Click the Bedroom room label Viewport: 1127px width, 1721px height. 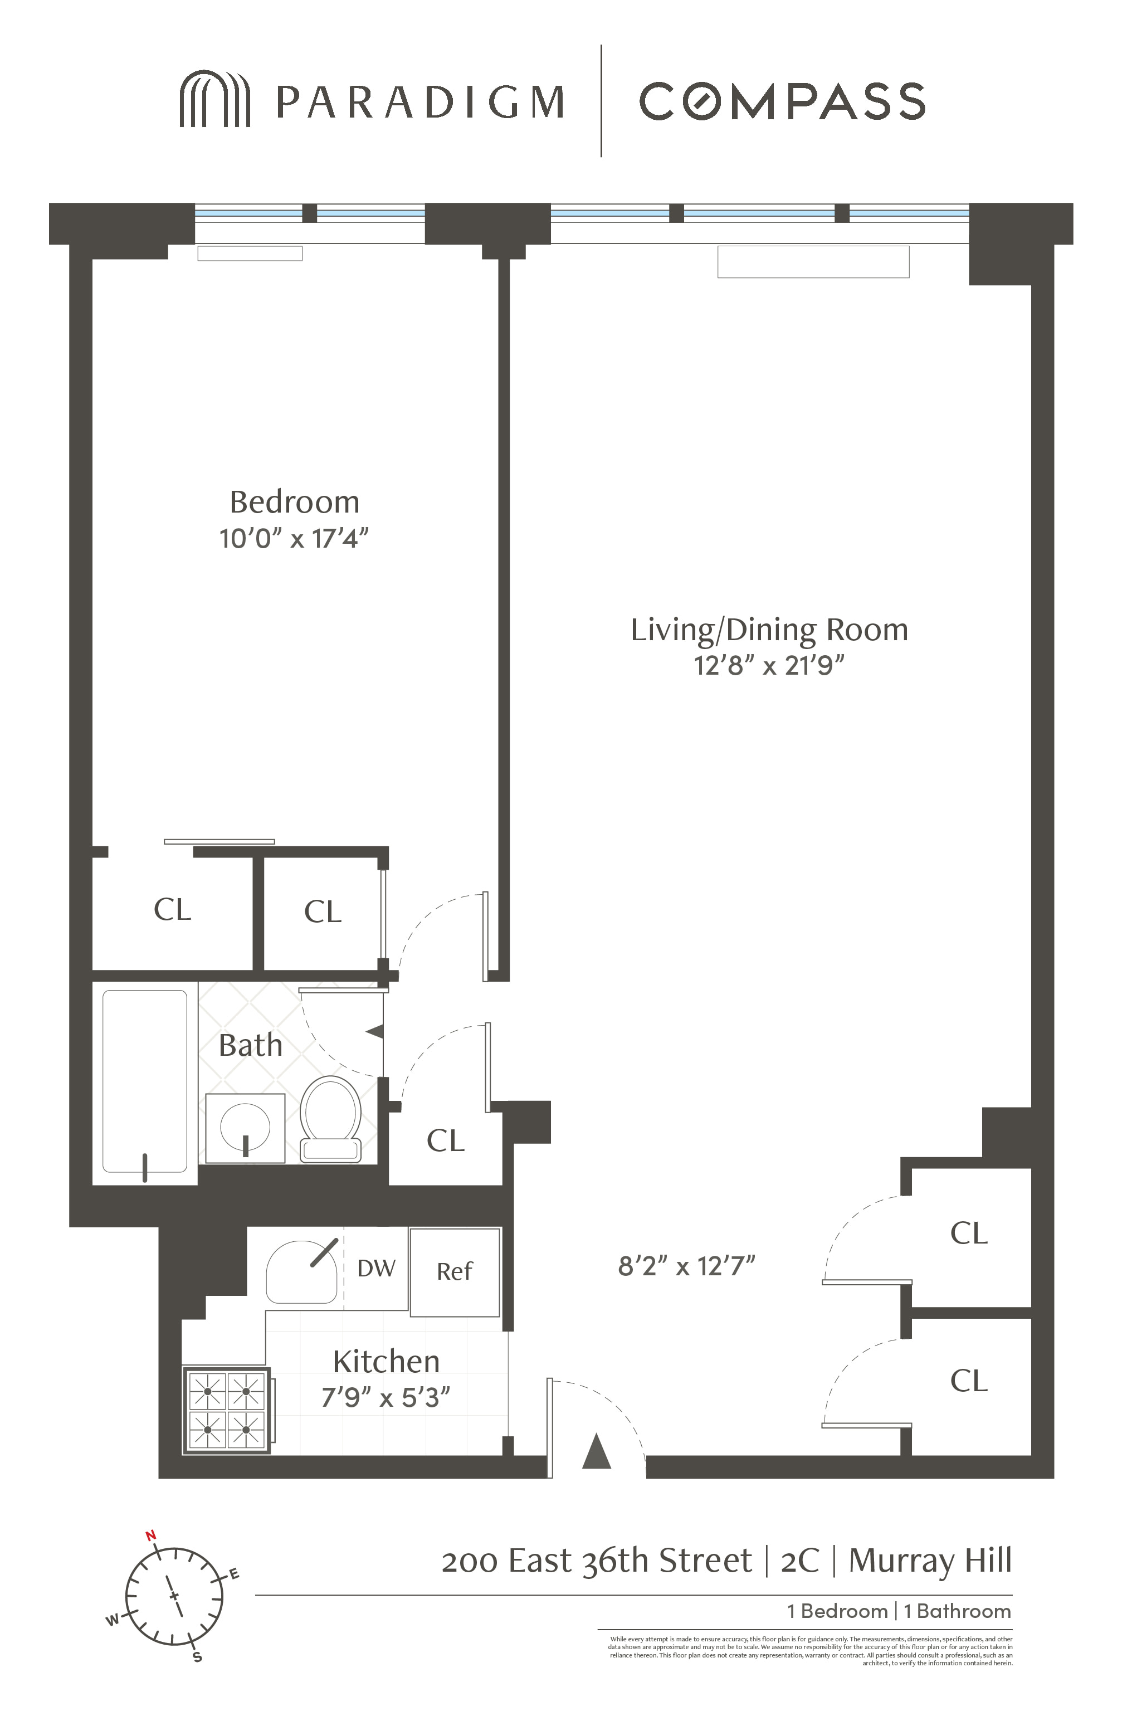tap(294, 502)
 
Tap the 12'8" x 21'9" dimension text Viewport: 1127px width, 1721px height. tap(769, 665)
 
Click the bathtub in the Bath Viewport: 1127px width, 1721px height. tap(145, 1082)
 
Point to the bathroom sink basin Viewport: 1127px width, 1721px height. tap(245, 1126)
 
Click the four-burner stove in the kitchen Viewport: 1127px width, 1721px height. tap(226, 1411)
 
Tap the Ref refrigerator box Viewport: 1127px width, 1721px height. tap(455, 1271)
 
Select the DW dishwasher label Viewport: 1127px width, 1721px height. tap(376, 1267)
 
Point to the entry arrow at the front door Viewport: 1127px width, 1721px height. tap(597, 1451)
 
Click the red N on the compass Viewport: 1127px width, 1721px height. tap(151, 1536)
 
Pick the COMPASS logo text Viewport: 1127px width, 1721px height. tap(782, 101)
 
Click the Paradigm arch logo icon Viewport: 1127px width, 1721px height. tap(214, 99)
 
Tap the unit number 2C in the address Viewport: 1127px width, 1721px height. tap(799, 1561)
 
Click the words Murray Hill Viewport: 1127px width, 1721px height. tap(930, 1561)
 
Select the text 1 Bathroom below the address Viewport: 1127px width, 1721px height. tap(957, 1611)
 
